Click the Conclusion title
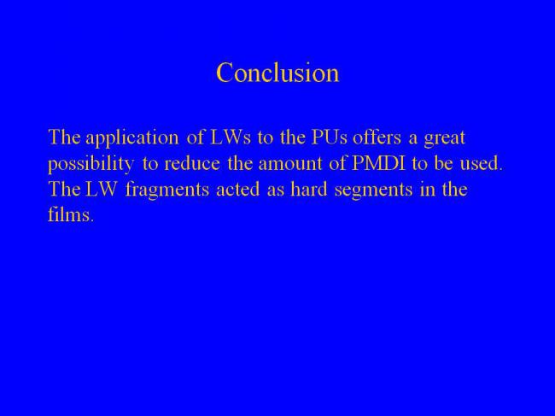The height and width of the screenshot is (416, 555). click(277, 73)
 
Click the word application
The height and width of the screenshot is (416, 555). click(132, 138)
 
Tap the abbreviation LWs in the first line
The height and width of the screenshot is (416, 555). click(231, 138)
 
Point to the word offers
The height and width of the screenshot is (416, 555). click(377, 137)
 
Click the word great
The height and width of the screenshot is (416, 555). click(444, 138)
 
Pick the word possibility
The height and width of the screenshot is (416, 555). click(91, 164)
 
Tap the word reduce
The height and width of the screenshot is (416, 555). click(192, 163)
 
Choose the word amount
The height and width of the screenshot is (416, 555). click(290, 164)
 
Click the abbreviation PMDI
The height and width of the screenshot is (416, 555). click(378, 163)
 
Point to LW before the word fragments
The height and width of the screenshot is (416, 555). click(102, 190)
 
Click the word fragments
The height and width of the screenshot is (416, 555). click(167, 190)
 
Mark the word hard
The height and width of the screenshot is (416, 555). click(309, 189)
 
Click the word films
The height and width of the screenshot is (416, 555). click(71, 214)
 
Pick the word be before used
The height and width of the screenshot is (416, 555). click(443, 163)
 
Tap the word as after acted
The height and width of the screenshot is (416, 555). click(276, 191)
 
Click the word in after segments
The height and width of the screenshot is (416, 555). click(427, 190)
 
